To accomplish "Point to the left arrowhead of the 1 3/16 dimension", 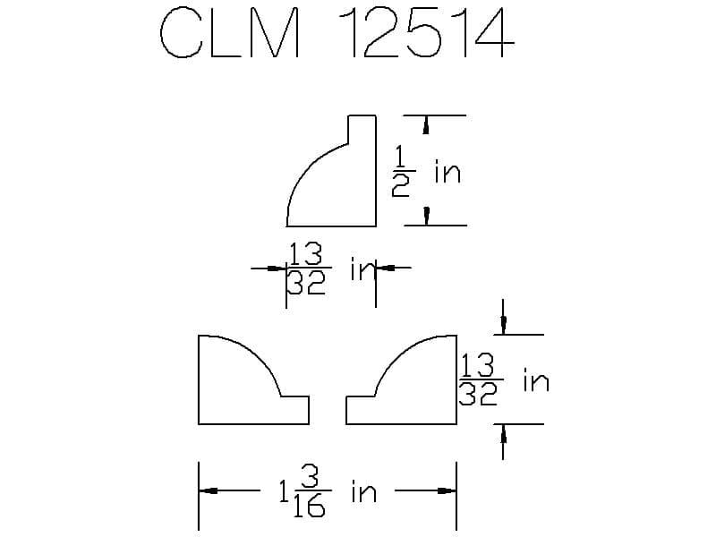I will (208, 490).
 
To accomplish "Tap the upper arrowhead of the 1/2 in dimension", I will (426, 126).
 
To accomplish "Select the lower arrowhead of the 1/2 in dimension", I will (426, 215).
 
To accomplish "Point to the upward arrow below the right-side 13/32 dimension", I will (504, 435).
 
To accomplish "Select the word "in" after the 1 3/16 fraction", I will (363, 491).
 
